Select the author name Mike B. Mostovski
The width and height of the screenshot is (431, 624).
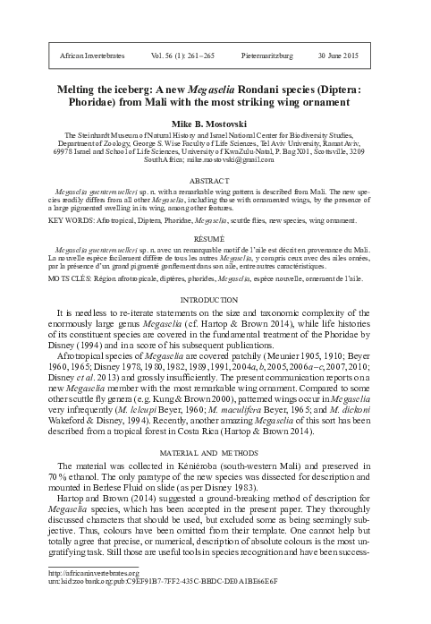(x=215, y=121)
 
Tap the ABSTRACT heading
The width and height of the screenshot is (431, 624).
(x=215, y=179)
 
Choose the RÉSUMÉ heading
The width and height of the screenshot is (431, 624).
(x=215, y=239)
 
